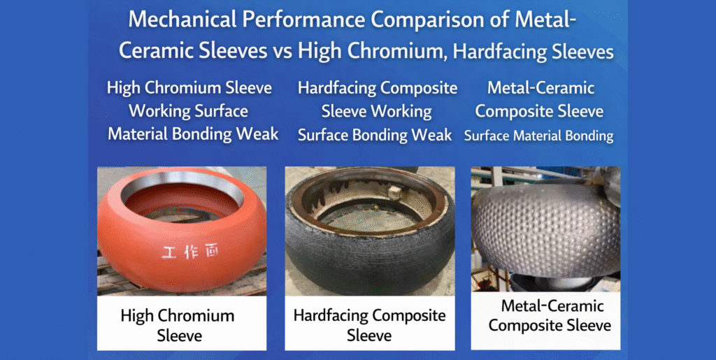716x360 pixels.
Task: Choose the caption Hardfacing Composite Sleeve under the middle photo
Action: [x=369, y=325]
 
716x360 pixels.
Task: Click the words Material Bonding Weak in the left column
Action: [x=193, y=133]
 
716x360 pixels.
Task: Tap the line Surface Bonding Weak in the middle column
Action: [x=375, y=135]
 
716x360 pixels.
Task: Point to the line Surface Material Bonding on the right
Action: [x=538, y=136]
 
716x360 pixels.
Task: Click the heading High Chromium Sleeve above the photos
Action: [x=189, y=88]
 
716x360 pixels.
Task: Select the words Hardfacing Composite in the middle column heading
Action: [x=378, y=88]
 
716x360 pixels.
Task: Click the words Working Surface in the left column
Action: [x=188, y=110]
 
